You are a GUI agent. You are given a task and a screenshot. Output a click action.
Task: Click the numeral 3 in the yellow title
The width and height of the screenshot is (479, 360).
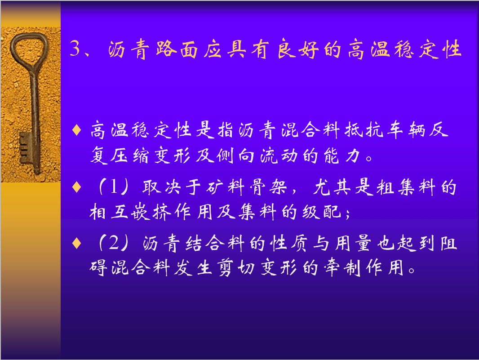75,48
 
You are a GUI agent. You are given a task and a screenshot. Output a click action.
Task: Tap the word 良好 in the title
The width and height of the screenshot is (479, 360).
298,49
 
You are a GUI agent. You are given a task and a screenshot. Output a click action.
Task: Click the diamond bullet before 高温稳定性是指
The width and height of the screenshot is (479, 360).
76,130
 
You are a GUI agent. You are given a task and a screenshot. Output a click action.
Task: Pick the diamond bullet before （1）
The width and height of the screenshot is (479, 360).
76,187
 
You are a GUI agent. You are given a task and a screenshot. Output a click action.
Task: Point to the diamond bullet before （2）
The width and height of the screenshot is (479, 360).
76,243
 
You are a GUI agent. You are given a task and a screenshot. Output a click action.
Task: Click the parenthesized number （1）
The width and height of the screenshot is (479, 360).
114,187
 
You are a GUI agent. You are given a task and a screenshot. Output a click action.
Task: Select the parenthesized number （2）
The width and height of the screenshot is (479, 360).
114,243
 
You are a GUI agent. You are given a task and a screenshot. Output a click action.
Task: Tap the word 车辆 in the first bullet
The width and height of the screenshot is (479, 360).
407,130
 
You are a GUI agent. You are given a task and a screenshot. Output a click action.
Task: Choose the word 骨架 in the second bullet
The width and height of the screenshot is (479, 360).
268,187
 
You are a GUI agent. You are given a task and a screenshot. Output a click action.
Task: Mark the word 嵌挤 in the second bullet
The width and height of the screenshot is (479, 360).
151,212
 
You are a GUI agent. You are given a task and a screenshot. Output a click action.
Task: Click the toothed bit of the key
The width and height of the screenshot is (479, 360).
26,148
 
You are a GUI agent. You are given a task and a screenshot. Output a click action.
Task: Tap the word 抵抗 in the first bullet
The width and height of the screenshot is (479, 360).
364,130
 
